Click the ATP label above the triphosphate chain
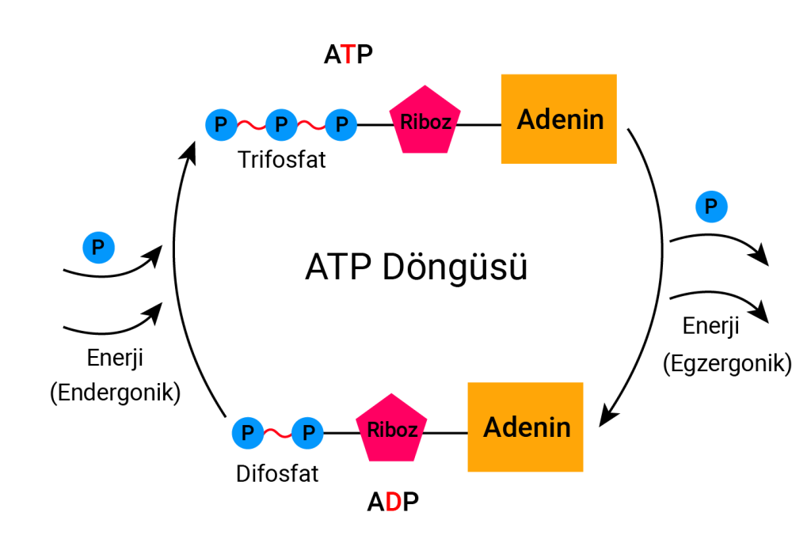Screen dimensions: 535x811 [x=348, y=55]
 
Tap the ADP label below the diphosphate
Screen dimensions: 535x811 [x=393, y=502]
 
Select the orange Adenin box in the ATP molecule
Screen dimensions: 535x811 [x=559, y=120]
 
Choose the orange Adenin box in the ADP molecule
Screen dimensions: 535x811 [x=526, y=427]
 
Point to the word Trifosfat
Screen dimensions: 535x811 [x=282, y=161]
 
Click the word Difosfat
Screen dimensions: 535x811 [x=277, y=474]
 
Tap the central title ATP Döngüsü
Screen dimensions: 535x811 [x=415, y=267]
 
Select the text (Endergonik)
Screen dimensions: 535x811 [x=115, y=391]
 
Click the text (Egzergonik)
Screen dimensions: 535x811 [x=727, y=363]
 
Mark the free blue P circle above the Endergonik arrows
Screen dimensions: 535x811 [x=98, y=247]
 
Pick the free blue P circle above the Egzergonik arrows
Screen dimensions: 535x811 [x=711, y=207]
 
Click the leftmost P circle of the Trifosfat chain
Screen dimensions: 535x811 [x=221, y=124]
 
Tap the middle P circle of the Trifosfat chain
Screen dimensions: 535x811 [x=281, y=124]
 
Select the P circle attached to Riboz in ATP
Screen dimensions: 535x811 [x=341, y=124]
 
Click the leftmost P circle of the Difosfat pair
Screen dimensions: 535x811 [x=247, y=433]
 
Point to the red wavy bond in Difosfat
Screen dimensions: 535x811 [x=277, y=433]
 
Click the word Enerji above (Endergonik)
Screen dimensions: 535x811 [x=115, y=358]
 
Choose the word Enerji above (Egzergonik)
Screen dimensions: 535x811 [x=710, y=325]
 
